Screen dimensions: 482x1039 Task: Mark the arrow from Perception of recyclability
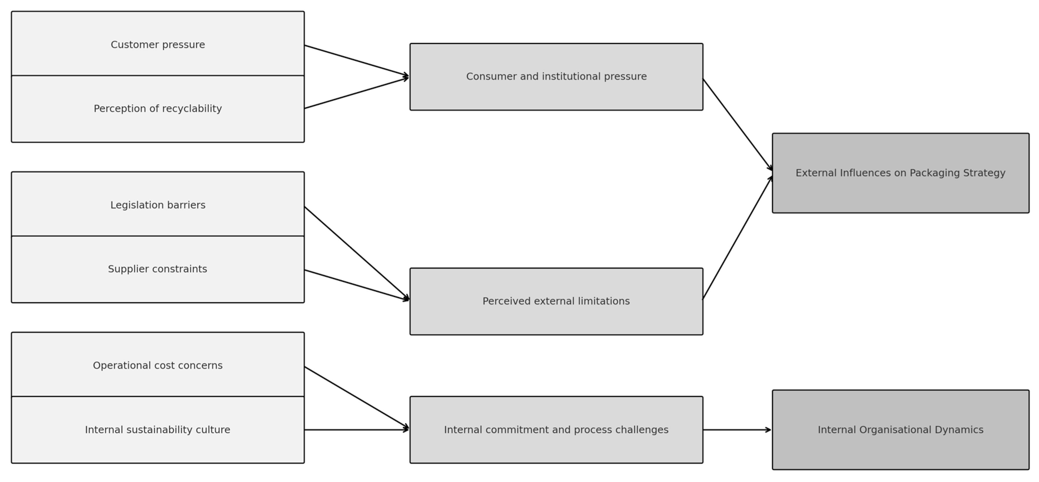(x=357, y=93)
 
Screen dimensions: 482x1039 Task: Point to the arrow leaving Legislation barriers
(x=357, y=253)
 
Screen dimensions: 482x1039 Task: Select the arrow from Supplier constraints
(x=357, y=285)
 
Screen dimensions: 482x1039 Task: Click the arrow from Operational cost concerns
(x=357, y=398)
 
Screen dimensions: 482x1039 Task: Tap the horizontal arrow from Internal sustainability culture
(x=357, y=430)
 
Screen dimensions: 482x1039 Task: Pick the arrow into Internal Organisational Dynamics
(x=737, y=430)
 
